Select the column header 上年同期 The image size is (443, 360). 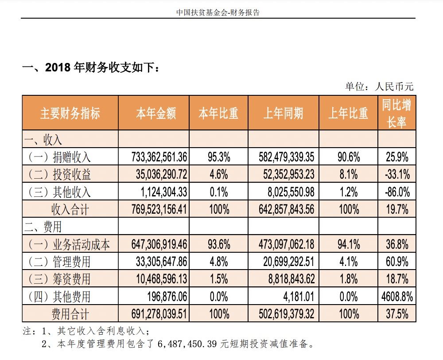(x=283, y=113)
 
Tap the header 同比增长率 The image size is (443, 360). (x=396, y=113)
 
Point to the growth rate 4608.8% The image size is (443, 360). (x=397, y=297)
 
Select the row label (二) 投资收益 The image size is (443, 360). (x=59, y=174)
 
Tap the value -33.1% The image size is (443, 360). (x=397, y=174)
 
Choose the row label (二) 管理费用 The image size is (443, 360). (x=59, y=262)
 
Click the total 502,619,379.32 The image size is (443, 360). (x=283, y=314)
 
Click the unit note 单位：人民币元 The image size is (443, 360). (x=379, y=86)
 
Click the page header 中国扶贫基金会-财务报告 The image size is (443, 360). (x=218, y=12)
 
